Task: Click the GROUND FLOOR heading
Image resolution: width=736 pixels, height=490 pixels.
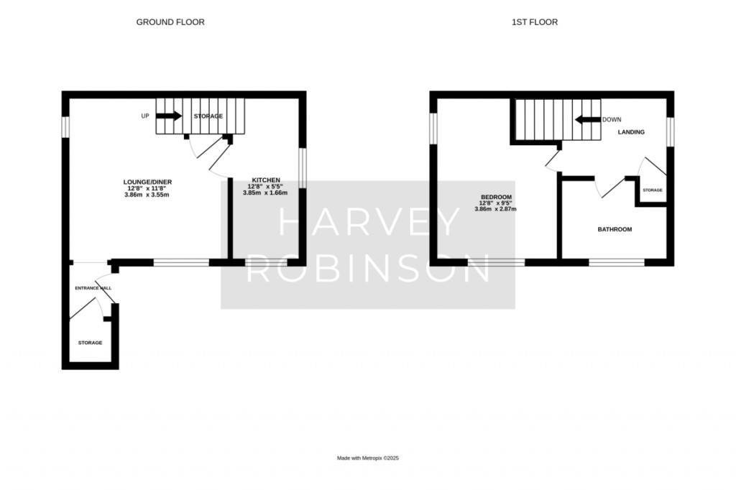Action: point(170,22)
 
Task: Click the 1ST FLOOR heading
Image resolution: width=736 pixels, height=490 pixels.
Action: point(535,22)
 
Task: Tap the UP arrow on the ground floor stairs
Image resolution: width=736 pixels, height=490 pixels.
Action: point(169,116)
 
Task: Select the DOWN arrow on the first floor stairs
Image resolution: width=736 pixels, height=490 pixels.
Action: point(588,120)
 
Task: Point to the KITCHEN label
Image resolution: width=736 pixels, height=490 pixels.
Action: point(266,180)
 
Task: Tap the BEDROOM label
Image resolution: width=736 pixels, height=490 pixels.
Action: point(496,197)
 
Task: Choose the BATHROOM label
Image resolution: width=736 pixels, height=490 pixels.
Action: point(615,229)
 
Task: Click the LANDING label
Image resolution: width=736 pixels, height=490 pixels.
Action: point(631,132)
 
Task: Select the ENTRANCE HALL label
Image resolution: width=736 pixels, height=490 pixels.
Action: point(93,288)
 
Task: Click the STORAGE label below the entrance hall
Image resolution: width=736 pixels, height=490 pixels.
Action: point(90,343)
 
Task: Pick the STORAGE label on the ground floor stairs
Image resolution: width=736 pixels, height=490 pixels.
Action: point(208,116)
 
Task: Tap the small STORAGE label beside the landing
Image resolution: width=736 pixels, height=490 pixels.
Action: point(653,190)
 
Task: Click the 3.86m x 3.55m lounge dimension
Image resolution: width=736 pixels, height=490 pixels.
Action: point(147,194)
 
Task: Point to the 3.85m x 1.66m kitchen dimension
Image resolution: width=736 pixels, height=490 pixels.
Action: point(265,193)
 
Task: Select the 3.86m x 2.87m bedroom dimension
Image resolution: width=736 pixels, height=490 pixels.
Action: point(495,209)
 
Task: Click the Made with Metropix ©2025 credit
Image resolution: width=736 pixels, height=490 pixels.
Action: point(368,458)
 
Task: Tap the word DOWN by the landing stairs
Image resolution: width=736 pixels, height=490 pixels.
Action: point(612,120)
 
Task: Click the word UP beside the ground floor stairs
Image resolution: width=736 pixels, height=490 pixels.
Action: point(145,116)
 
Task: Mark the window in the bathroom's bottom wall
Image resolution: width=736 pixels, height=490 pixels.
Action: point(617,262)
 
